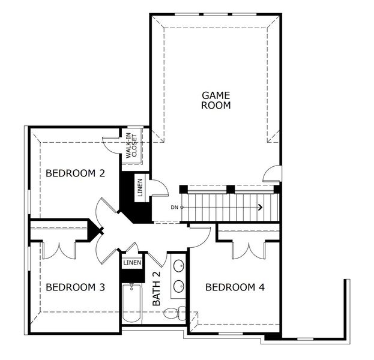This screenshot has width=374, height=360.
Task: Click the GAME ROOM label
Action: [x=216, y=100]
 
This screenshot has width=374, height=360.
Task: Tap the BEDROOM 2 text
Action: [x=76, y=173]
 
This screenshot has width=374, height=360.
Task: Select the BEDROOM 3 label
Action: [x=76, y=287]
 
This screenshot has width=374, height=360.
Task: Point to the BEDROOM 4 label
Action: [x=235, y=287]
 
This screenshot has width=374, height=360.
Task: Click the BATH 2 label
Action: [x=157, y=289]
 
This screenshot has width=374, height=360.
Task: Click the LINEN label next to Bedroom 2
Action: [x=140, y=187]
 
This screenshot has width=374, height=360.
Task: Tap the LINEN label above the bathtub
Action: [x=132, y=263]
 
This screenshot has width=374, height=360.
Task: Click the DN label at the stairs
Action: [x=174, y=208]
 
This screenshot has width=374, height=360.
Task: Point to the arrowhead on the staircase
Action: [x=260, y=208]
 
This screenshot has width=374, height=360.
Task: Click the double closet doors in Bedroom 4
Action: [x=249, y=248]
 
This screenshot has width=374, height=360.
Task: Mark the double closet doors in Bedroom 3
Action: [x=59, y=248]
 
